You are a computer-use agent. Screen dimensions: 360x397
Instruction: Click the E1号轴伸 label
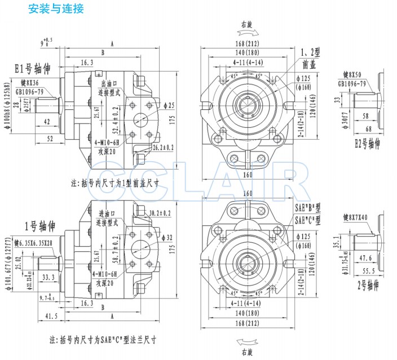point(33,69)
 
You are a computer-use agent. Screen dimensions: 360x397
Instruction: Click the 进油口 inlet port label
point(107,214)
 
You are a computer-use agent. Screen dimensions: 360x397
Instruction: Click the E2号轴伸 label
point(367,143)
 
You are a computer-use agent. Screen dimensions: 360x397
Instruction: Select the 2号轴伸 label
point(369,285)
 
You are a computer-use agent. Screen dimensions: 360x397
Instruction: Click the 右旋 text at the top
point(246,23)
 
